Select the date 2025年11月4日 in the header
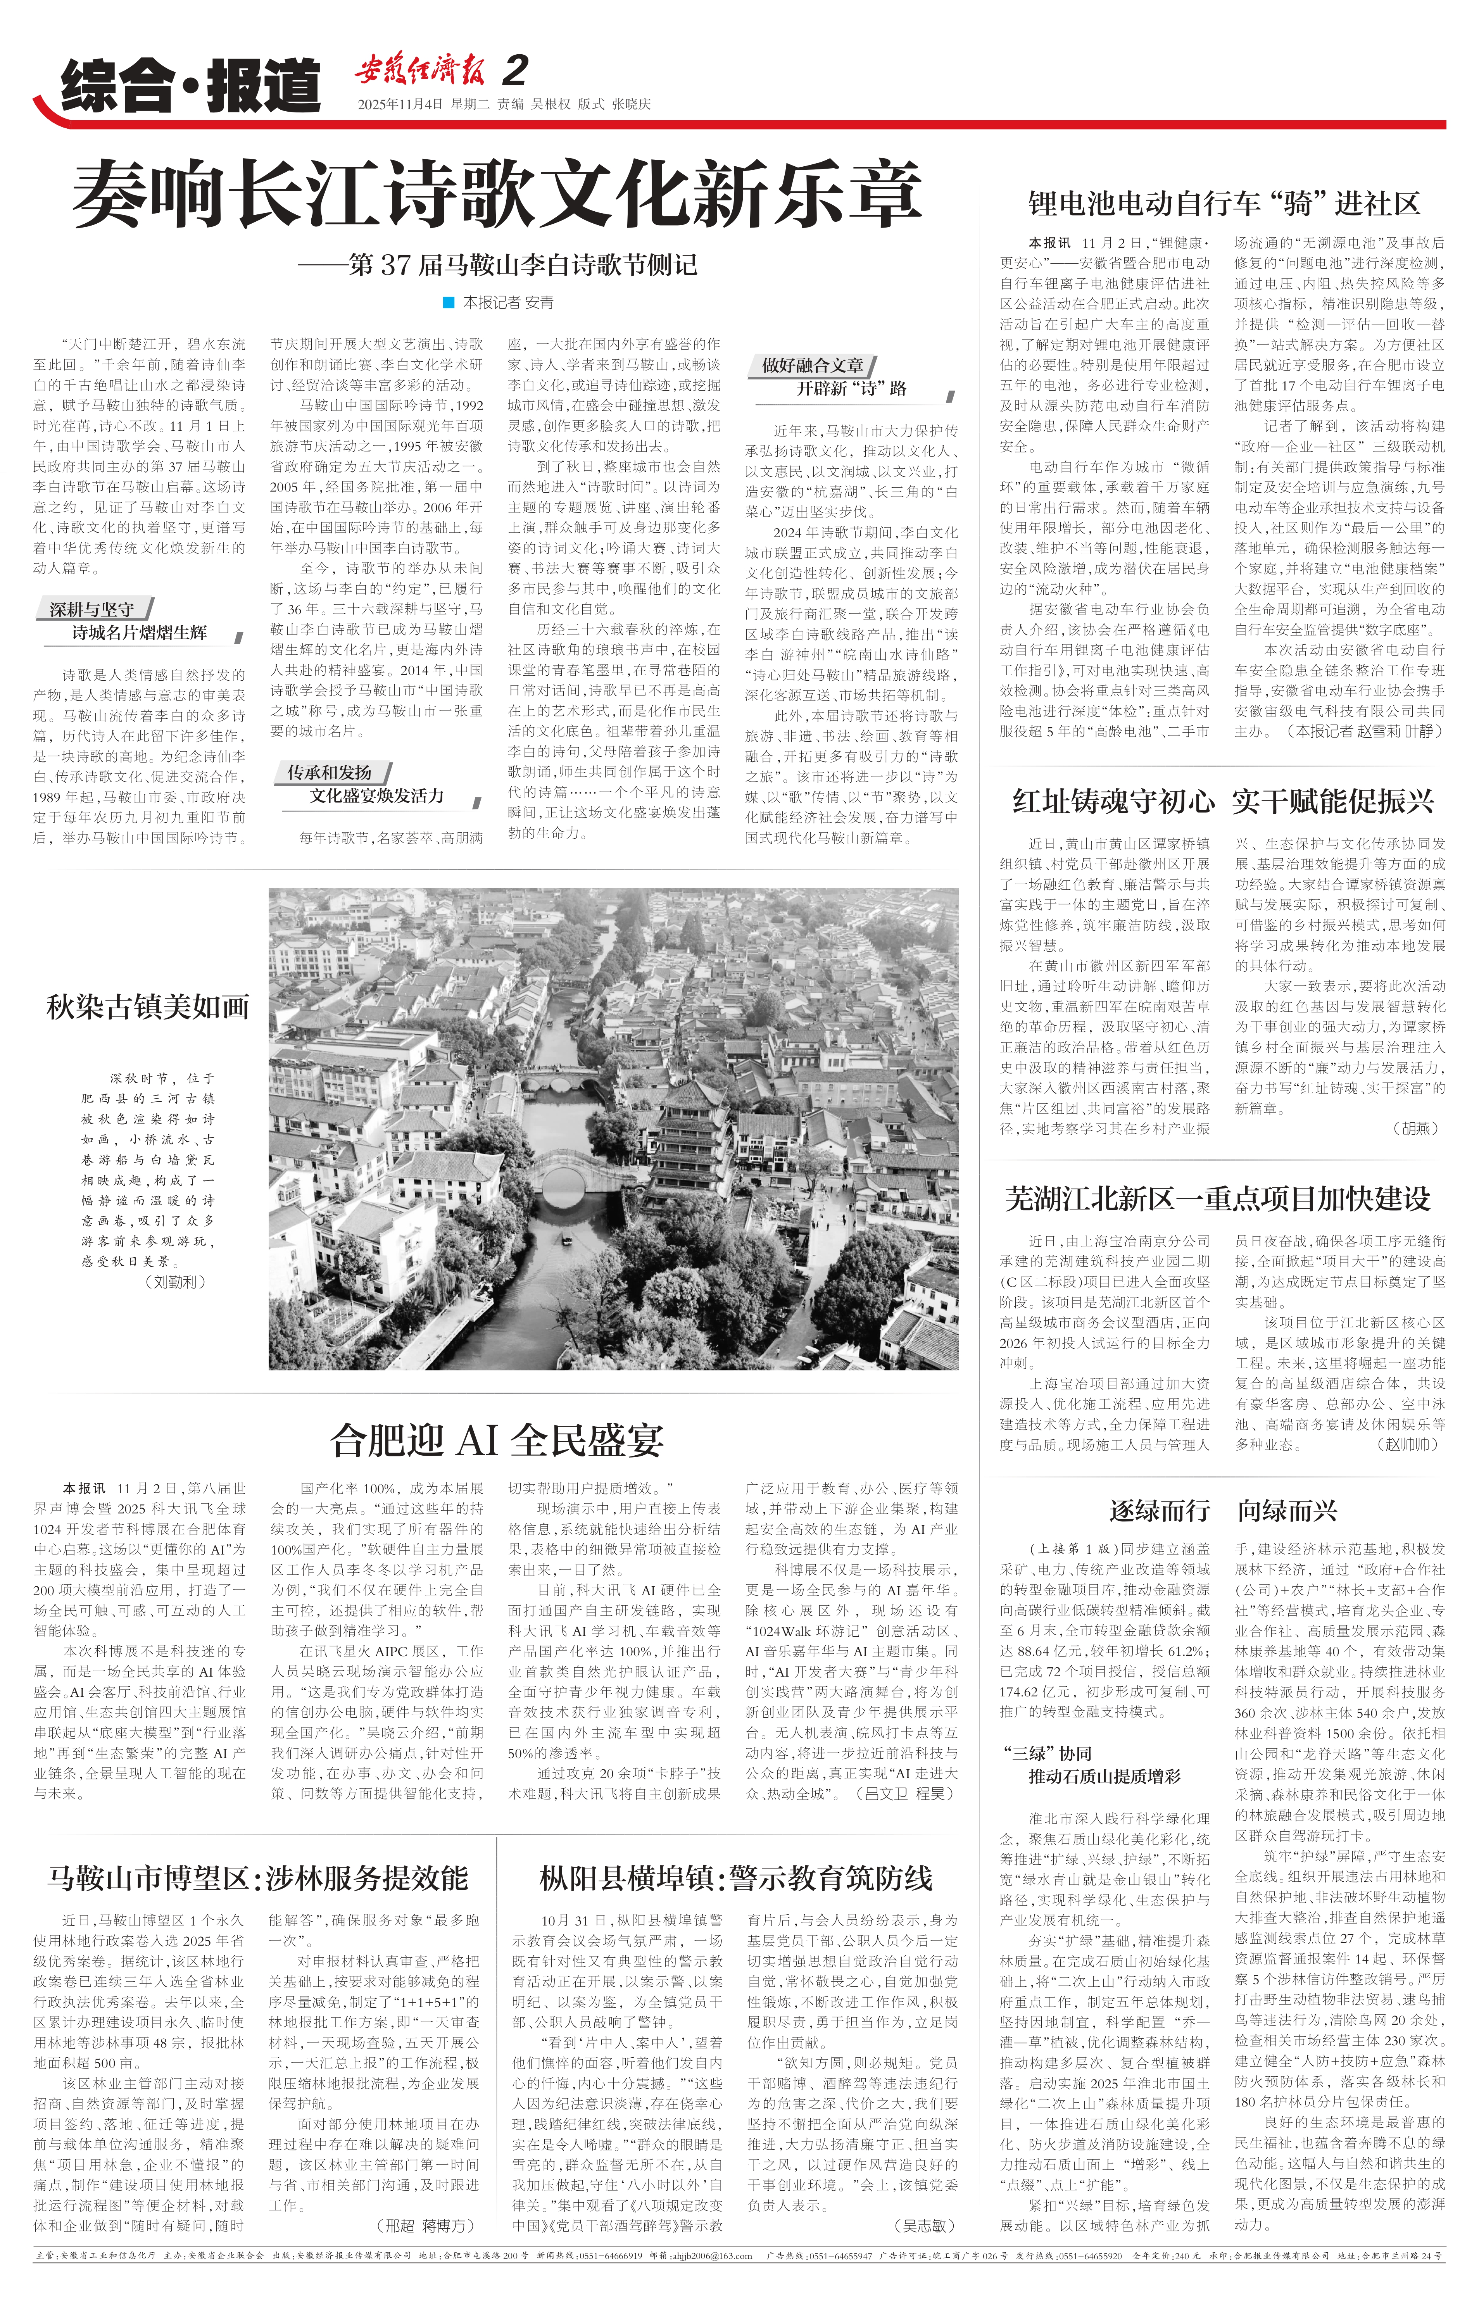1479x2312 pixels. coord(400,104)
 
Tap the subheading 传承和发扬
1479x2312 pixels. coord(330,772)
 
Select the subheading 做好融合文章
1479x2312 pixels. coord(813,365)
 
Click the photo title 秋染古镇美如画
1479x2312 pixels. coord(148,1006)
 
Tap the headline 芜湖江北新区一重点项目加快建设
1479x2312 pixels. coord(1218,1198)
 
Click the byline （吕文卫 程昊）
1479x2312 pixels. coord(906,1793)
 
